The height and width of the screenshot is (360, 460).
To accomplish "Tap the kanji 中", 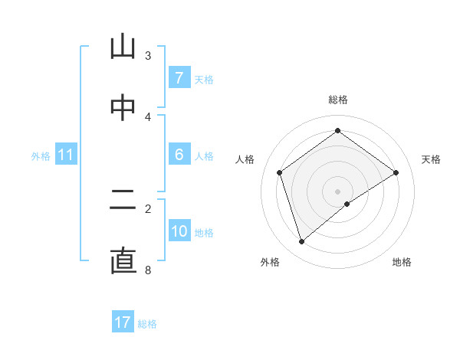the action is (x=123, y=109).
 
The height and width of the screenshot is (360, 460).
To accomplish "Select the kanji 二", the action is (x=123, y=200).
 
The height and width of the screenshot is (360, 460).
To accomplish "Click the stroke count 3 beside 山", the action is (x=148, y=55).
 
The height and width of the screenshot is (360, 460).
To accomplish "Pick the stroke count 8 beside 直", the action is (x=148, y=270).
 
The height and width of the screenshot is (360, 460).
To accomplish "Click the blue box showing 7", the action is (x=179, y=77).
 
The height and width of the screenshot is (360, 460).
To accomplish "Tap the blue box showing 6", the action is (x=179, y=155).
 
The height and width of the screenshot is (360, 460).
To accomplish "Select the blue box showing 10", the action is (x=179, y=231).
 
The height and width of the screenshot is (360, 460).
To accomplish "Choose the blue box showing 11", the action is (x=66, y=155).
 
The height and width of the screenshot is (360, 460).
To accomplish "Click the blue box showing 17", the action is (x=123, y=322).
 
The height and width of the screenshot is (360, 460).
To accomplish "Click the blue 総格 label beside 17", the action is (x=147, y=324).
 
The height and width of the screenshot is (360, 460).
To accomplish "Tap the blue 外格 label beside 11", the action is (x=41, y=156).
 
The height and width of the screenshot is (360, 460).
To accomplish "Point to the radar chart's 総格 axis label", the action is (x=338, y=100).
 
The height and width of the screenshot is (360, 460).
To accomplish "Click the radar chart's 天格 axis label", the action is (x=432, y=159).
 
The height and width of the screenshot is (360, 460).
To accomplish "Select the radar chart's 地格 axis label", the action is (x=402, y=263).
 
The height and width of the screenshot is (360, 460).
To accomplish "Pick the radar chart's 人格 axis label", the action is (x=245, y=159).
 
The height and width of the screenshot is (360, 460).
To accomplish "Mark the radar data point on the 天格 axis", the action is (x=396, y=172).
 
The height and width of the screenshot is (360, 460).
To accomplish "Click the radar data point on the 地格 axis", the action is (x=347, y=204).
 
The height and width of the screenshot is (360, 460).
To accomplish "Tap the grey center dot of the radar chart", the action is (x=338, y=191).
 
